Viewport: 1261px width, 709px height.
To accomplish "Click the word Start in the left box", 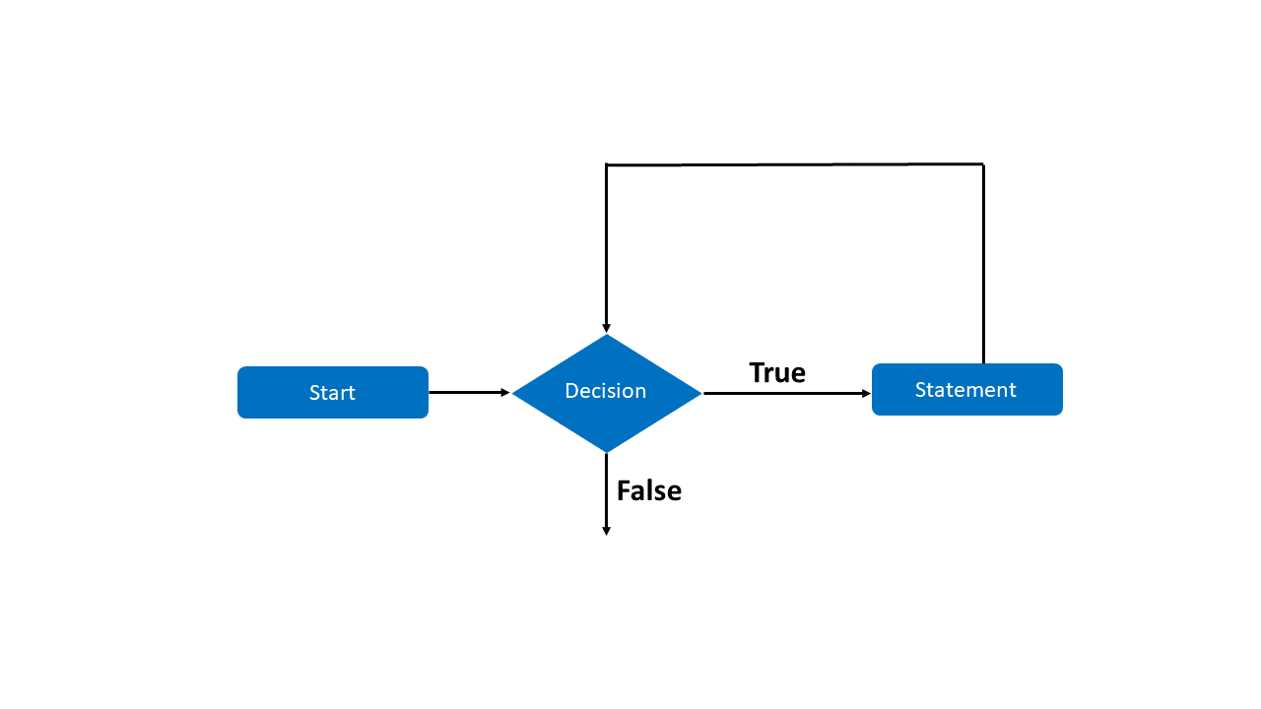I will (332, 393).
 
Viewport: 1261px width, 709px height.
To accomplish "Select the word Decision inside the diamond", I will (605, 391).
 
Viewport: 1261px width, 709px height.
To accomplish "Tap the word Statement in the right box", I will (965, 390).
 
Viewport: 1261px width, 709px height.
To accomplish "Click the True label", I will (777, 372).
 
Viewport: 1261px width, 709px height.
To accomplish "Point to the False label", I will (648, 490).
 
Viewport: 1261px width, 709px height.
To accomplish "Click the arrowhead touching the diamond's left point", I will (505, 392).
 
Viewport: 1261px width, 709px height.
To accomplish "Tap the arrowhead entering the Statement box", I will (866, 393).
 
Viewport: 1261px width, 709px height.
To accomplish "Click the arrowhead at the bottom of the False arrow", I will (606, 531).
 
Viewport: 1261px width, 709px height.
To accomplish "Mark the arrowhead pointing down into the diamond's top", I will (606, 328).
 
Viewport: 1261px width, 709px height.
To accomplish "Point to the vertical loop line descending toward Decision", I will (606, 246).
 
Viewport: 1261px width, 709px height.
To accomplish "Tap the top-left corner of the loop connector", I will (606, 165).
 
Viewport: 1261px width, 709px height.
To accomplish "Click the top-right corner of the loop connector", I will (983, 164).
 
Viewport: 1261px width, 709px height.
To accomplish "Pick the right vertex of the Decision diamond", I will (700, 393).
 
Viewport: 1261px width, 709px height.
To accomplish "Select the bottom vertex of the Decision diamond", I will (606, 452).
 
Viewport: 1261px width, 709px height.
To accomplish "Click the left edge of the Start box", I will (238, 392).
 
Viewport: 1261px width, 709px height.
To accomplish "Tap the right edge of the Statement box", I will (1062, 390).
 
